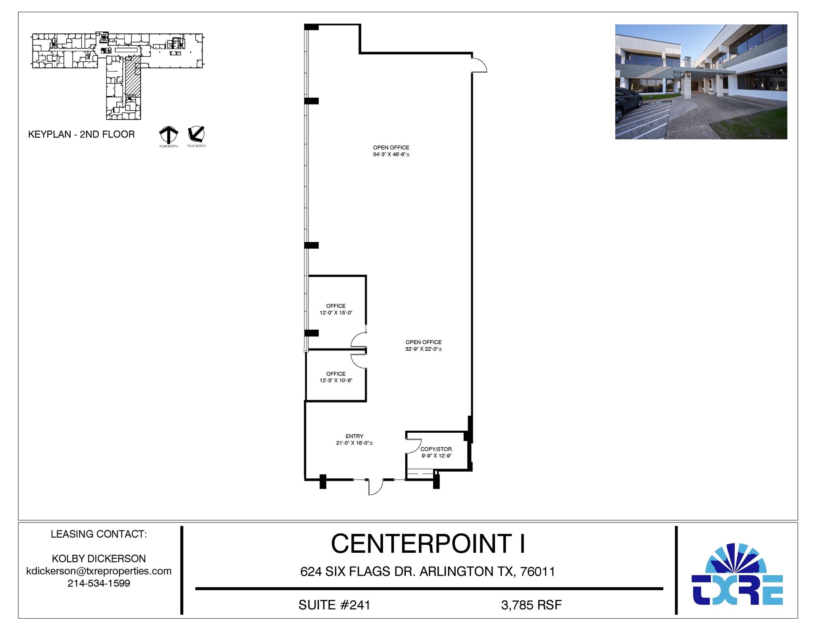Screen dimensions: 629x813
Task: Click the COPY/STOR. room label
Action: coord(436,449)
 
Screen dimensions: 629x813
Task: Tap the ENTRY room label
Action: coord(354,436)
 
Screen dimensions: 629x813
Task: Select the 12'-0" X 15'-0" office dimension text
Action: coord(336,313)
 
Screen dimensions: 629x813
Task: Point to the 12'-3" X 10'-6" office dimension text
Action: coord(336,380)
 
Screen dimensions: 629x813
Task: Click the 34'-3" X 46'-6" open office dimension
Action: coord(391,154)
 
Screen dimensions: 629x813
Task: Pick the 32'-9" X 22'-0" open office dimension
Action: coord(424,349)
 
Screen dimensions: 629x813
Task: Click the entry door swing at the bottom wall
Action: coord(375,488)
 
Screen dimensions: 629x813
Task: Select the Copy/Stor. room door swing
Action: coord(413,444)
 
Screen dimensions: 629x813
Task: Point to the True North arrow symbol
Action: coord(196,134)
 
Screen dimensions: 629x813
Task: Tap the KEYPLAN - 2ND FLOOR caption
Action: coord(81,134)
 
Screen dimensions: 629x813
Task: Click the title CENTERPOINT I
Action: coord(428,544)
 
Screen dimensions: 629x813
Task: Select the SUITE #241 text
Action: coord(334,605)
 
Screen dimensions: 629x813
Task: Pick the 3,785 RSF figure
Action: coord(531,605)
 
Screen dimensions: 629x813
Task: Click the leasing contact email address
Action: coord(99,571)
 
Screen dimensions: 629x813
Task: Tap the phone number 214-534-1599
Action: coord(99,583)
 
